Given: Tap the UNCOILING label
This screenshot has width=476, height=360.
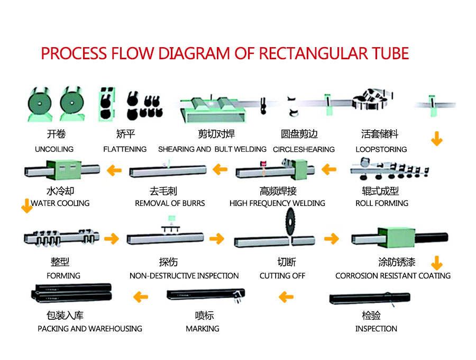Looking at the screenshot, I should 54,149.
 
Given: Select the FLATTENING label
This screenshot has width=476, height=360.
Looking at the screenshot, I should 125,149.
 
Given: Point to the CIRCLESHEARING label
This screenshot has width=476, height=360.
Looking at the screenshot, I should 304,149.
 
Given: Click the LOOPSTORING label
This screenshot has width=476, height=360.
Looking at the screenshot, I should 381,149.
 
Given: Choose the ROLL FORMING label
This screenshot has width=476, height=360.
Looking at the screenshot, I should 382,203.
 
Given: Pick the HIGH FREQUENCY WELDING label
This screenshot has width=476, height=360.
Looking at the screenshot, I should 277,203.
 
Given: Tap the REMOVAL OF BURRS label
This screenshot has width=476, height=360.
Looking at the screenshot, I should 170,203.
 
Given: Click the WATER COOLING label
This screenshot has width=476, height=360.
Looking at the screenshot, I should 60,203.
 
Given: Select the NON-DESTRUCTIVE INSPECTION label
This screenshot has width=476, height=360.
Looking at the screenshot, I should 184,275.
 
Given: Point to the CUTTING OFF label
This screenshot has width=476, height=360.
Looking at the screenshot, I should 282,275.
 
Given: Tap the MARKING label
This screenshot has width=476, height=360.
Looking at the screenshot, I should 203,329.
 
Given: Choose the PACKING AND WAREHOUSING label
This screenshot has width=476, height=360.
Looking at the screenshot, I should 90,329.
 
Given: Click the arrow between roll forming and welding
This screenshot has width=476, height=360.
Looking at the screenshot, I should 329,170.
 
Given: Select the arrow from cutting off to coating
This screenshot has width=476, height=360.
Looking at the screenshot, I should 331,239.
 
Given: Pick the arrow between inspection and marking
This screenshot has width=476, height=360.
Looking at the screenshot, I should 286,297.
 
